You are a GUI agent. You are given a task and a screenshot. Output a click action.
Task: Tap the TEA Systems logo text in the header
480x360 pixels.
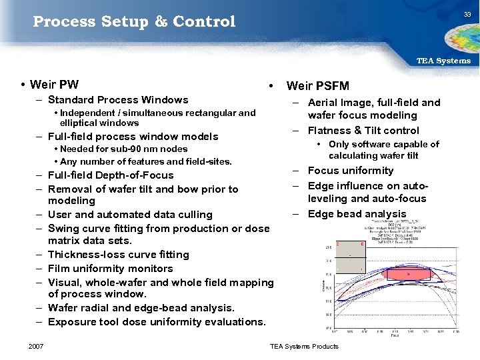tap(443, 61)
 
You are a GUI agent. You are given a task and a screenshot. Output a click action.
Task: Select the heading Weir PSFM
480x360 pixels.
tap(317, 85)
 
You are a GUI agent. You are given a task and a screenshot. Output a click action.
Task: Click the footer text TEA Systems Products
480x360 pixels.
tap(304, 346)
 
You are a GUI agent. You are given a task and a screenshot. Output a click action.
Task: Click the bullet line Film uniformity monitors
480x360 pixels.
tap(110, 269)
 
